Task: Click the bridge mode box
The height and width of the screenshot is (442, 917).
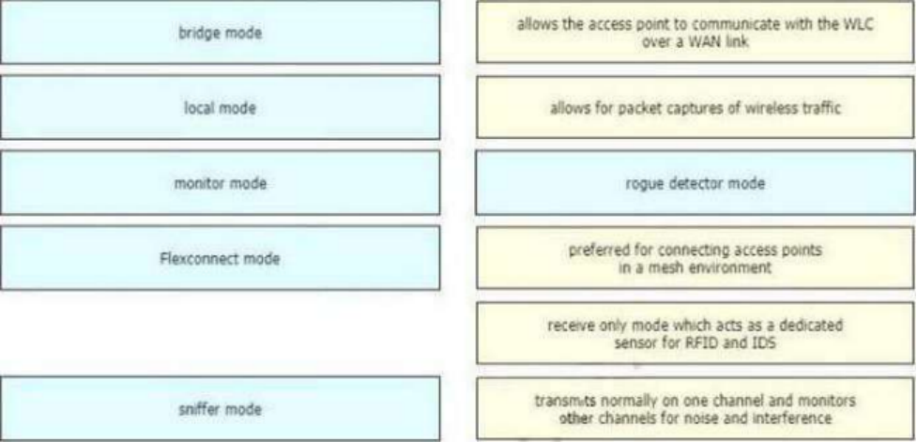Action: pos(220,32)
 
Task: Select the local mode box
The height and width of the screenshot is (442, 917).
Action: pos(220,108)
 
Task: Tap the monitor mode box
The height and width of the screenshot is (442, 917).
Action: pos(220,183)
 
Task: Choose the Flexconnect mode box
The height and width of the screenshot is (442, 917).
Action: pos(220,258)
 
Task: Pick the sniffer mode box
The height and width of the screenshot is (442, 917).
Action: pos(220,408)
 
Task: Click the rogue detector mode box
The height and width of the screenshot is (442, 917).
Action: pos(695,183)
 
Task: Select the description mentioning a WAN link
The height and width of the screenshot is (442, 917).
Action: pos(695,32)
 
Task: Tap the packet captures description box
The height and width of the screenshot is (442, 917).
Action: pos(695,108)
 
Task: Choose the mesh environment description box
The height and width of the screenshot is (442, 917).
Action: pos(695,258)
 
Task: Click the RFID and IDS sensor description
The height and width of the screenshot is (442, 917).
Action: pos(695,333)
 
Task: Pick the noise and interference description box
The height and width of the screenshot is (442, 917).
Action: pos(695,408)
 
